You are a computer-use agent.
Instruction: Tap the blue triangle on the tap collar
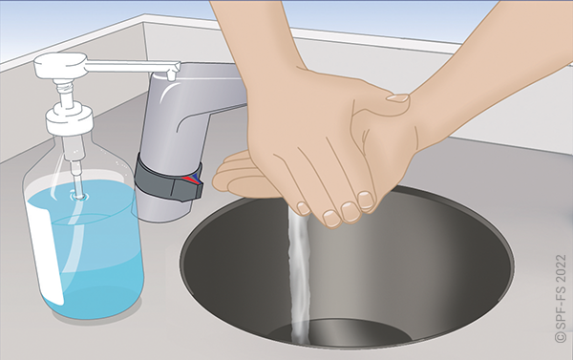click(196, 178)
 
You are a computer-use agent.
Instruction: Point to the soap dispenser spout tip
click(170, 75)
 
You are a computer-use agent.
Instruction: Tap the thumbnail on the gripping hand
click(397, 98)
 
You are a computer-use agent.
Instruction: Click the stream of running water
click(299, 277)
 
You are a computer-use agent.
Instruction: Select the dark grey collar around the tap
click(169, 180)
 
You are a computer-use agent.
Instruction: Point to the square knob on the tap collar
click(188, 185)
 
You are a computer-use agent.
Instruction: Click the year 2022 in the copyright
click(561, 268)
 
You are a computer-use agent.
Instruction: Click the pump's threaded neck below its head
click(65, 87)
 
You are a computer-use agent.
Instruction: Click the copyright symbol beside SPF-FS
click(561, 337)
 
